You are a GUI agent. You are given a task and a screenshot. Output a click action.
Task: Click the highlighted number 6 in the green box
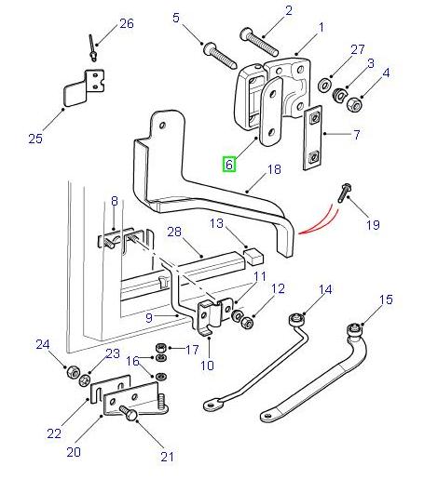[229, 166]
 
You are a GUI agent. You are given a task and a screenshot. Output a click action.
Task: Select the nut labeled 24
[71, 373]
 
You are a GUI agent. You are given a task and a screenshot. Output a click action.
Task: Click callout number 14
[324, 290]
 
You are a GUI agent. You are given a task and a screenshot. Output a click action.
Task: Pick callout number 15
[386, 299]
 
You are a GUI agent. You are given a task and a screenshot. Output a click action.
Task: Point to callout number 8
[114, 200]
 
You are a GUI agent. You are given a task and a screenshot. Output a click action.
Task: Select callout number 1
[321, 28]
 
